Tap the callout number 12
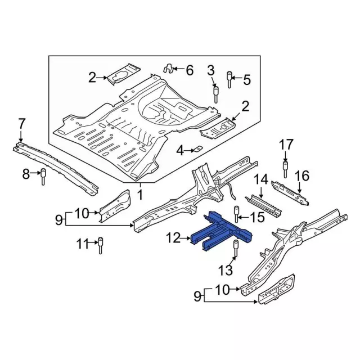pos(174,240)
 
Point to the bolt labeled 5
pos(229,80)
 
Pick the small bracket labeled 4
pos(197,150)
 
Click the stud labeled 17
pos(285,168)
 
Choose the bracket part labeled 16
pos(290,191)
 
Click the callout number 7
pos(22,123)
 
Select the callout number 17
pos(286,147)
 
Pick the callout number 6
pos(189,70)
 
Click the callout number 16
pos(302,176)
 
